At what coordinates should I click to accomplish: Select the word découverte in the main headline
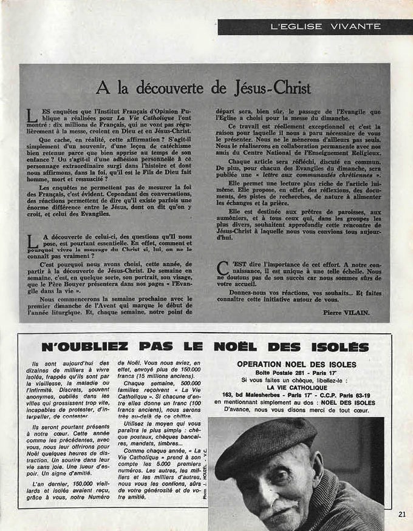[169, 88]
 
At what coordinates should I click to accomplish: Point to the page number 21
[402, 513]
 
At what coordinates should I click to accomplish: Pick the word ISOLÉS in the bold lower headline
[335, 347]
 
